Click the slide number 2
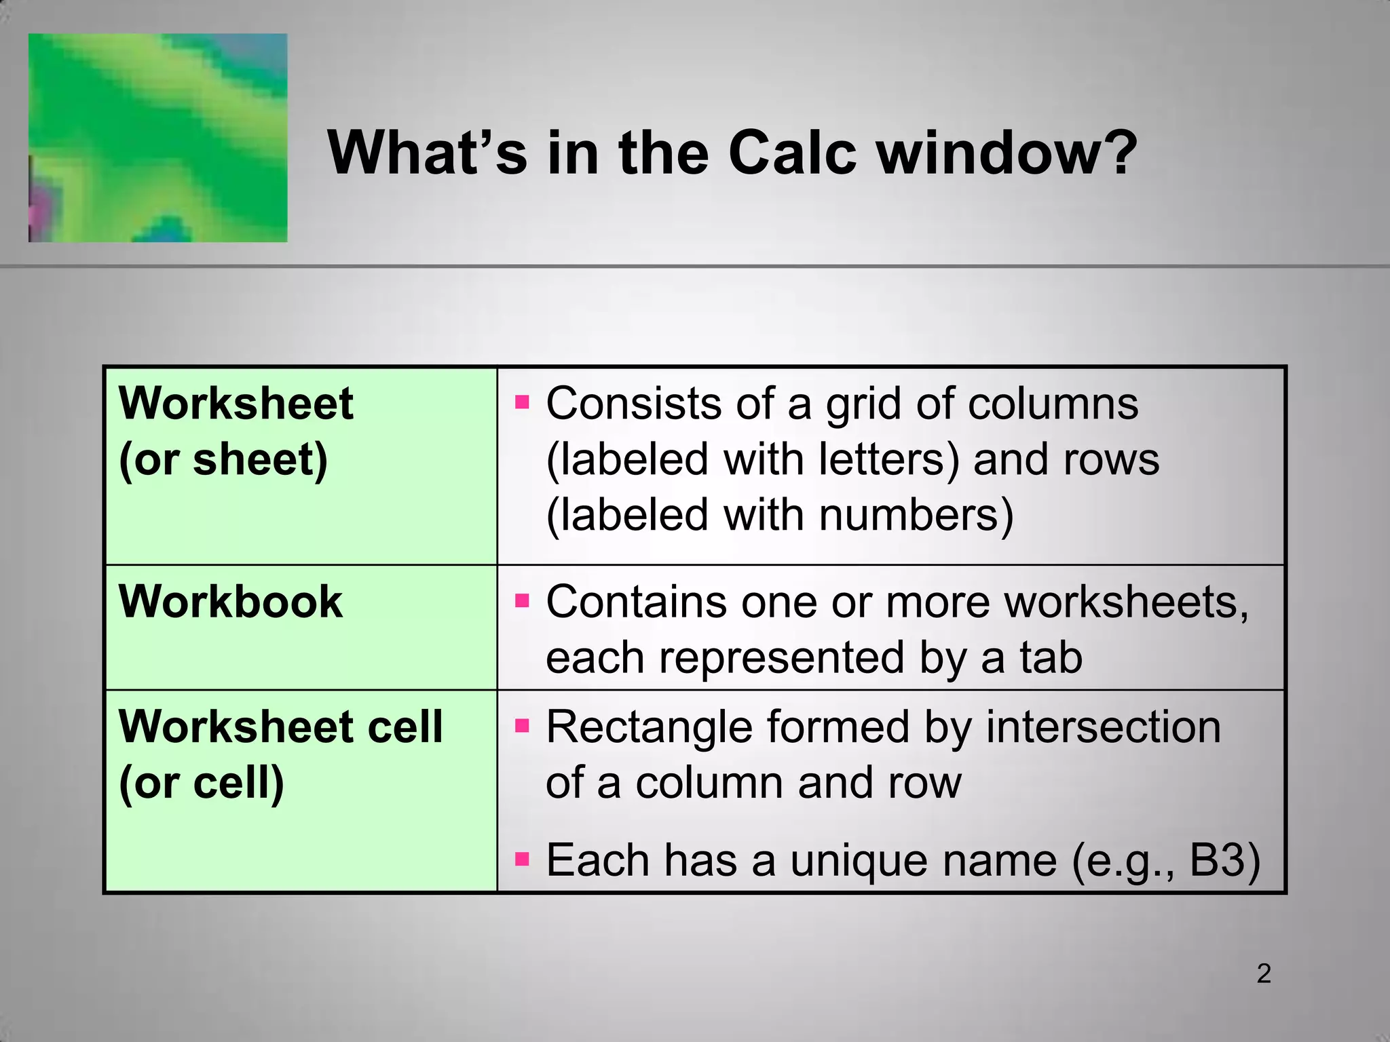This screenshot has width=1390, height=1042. point(1263,973)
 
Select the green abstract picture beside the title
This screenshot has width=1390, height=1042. point(157,138)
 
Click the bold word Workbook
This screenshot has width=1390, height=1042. point(231,602)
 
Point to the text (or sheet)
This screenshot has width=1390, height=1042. point(223,460)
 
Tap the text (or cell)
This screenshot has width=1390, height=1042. point(202,784)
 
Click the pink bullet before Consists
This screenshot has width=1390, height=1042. point(521,403)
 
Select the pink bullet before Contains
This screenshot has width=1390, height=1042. point(521,601)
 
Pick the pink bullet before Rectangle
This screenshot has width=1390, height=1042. point(521,727)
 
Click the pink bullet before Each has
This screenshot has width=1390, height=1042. point(521,860)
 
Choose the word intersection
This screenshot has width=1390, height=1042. point(1103,727)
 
